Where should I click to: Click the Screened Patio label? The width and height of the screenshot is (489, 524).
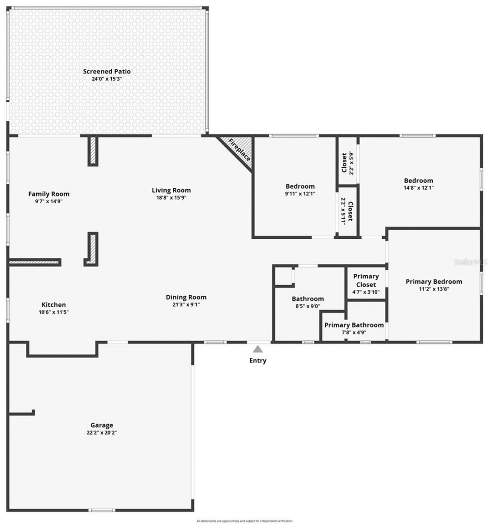[x=106, y=71]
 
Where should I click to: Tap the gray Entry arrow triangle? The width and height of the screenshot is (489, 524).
[x=258, y=349]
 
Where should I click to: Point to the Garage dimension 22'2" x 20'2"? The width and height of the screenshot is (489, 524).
[x=102, y=432]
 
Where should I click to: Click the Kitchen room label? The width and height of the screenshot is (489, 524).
[x=53, y=305]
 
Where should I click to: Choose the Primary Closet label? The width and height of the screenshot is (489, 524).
[x=366, y=280]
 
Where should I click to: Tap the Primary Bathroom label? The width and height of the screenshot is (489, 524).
[x=354, y=325]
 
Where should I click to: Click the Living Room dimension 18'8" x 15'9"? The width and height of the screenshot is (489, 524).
[x=171, y=197]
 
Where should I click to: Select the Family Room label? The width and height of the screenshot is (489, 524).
[x=49, y=193]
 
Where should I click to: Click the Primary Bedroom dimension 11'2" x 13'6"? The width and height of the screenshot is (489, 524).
[x=434, y=289]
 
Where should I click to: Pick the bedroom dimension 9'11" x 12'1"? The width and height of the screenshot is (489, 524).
[x=300, y=193]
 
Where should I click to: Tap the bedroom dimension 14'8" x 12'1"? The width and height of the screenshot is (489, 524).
[x=418, y=188]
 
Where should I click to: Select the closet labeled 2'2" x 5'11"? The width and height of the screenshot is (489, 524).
[x=348, y=211]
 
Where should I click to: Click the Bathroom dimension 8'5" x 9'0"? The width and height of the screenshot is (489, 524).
[x=308, y=306]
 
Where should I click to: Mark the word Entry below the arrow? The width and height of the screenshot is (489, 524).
[x=258, y=361]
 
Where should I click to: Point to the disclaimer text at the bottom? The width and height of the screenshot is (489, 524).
[x=244, y=521]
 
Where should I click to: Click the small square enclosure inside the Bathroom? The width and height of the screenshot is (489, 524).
[x=284, y=276]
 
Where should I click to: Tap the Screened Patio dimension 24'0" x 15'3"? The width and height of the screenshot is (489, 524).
[x=107, y=78]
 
